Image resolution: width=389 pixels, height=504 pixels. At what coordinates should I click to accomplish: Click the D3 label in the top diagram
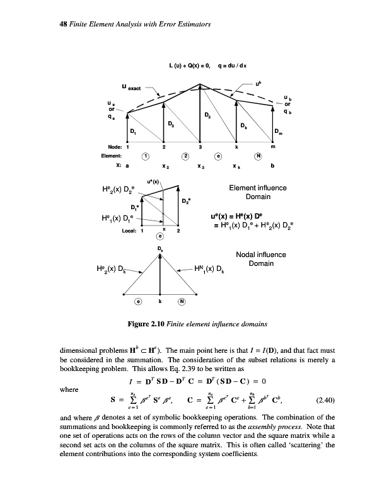[x=207, y=115]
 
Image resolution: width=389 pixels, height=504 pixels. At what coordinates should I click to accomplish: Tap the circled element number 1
[x=145, y=156]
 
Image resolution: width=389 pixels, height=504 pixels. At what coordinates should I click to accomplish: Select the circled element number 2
[x=185, y=156]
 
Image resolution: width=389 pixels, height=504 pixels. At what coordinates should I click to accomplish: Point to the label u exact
[x=134, y=89]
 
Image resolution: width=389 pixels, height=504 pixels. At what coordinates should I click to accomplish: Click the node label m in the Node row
[x=272, y=146]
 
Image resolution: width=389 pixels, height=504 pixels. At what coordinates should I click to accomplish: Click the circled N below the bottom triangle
[x=183, y=301]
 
